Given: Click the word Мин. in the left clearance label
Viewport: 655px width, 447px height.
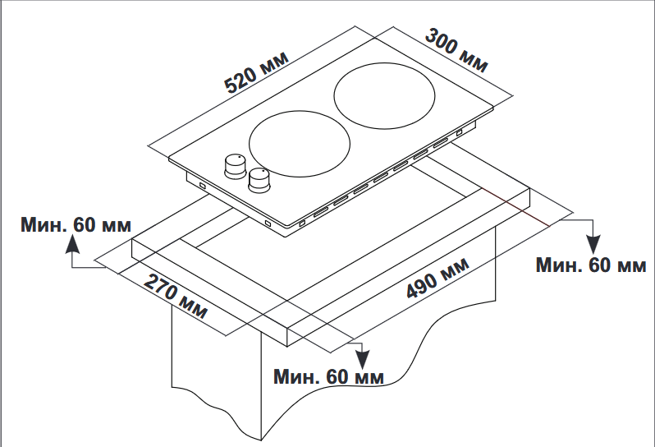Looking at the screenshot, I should [x=44, y=224].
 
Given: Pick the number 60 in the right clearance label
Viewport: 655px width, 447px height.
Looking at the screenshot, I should [x=600, y=265].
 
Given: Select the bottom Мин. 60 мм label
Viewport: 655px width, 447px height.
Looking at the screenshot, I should [x=328, y=376].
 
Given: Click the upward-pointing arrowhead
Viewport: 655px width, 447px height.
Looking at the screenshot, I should [x=72, y=243].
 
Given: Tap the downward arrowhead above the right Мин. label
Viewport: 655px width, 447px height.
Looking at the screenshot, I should [x=593, y=244].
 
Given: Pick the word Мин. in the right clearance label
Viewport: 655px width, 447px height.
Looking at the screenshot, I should [x=557, y=265].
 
